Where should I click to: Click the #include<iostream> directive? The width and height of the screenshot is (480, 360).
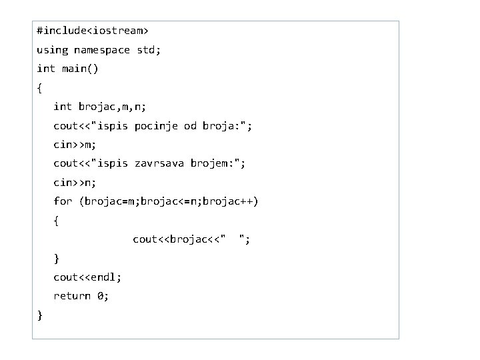click(x=93, y=31)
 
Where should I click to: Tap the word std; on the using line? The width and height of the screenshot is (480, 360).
click(x=149, y=50)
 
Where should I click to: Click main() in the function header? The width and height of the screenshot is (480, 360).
click(x=80, y=69)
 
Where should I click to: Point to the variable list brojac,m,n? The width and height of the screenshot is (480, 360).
click(x=113, y=107)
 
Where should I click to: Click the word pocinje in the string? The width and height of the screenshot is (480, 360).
click(x=157, y=125)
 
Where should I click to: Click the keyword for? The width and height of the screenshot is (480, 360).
click(x=63, y=201)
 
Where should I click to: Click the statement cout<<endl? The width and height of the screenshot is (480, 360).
click(x=87, y=277)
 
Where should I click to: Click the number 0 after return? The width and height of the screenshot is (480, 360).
click(x=100, y=296)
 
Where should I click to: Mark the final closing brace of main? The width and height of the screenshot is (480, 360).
click(x=41, y=315)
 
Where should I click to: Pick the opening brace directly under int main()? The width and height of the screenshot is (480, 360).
click(x=41, y=88)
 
